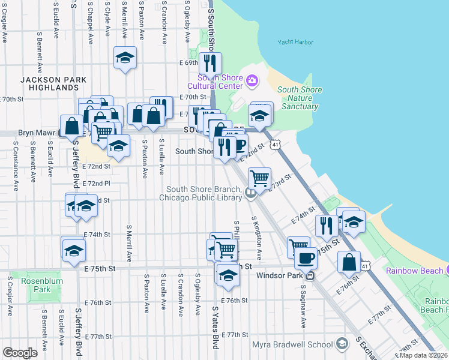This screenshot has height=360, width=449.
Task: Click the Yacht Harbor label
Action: [296, 43]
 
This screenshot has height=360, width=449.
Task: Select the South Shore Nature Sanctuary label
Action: [300, 98]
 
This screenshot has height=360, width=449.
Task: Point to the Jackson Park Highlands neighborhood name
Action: [53, 83]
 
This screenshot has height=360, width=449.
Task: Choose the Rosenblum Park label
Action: [36, 285]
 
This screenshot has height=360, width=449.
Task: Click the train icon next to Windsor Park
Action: [310, 276]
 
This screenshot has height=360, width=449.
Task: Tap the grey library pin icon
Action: [251, 193]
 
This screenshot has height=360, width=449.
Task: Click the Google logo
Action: [20, 353]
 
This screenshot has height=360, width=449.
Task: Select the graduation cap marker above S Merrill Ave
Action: [125, 58]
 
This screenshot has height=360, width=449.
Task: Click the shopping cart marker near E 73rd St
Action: [259, 178]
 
